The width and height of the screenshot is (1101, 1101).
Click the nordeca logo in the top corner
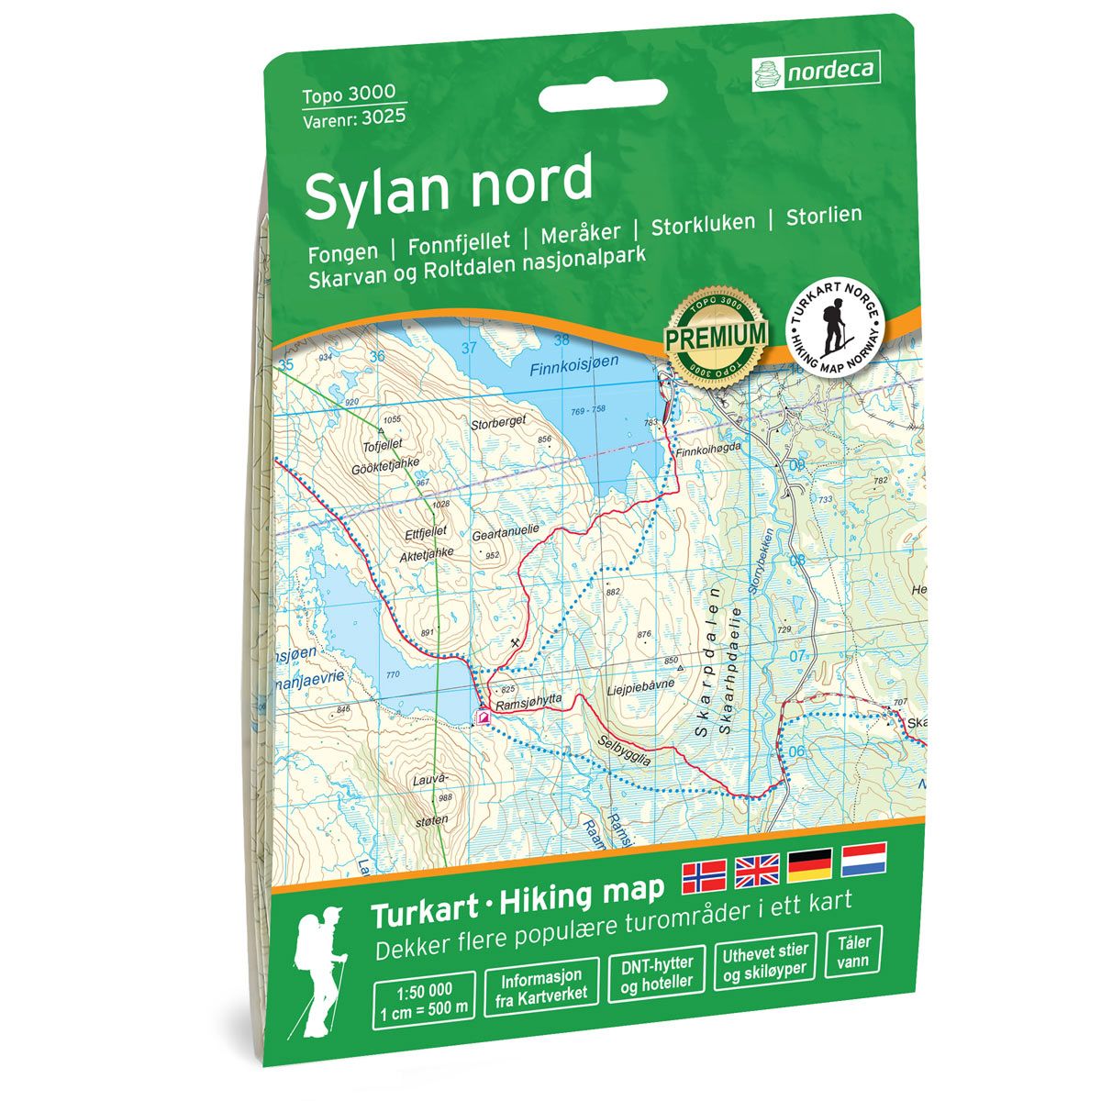tap(816, 71)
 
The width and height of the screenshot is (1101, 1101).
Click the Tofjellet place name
tap(383, 447)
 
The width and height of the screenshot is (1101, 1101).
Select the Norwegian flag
tap(704, 877)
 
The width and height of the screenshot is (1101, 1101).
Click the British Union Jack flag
tap(757, 871)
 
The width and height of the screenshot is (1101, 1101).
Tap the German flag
tap(810, 864)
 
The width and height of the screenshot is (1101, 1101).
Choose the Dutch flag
tap(862, 858)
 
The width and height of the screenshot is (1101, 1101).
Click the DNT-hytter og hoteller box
tap(657, 973)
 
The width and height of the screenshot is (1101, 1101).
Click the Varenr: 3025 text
tap(354, 117)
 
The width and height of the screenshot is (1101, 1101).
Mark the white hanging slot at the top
tap(603, 95)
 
